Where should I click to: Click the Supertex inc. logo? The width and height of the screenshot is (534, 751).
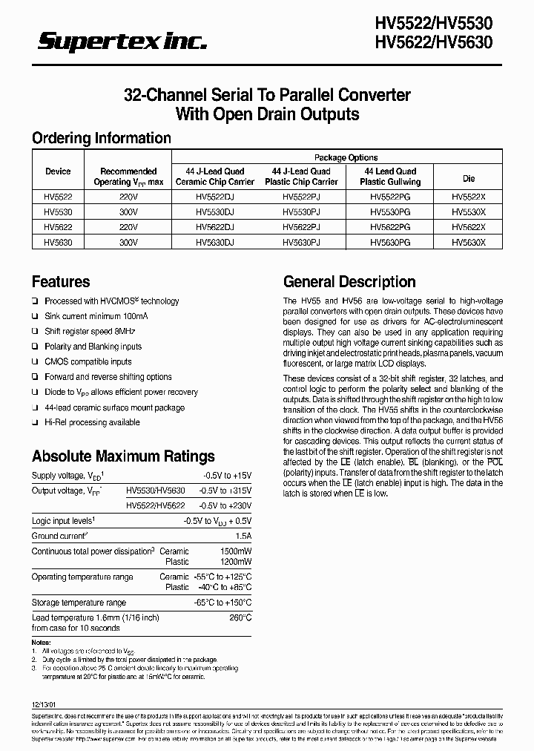(122, 43)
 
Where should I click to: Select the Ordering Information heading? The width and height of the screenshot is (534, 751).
(101, 138)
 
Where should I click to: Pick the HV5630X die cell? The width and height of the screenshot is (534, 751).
(469, 242)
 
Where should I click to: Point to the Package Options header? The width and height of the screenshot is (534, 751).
(346, 157)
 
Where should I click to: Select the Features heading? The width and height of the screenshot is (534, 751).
(61, 282)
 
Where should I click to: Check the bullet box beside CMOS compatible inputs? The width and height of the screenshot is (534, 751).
(35, 362)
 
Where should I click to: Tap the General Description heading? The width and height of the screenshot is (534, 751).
(349, 282)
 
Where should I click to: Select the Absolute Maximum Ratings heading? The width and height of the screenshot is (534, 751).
(123, 456)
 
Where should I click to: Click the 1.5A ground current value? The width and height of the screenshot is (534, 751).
(242, 536)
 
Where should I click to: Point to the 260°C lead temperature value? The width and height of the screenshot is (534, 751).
(240, 617)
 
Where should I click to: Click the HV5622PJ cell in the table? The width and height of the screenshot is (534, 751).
(301, 226)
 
